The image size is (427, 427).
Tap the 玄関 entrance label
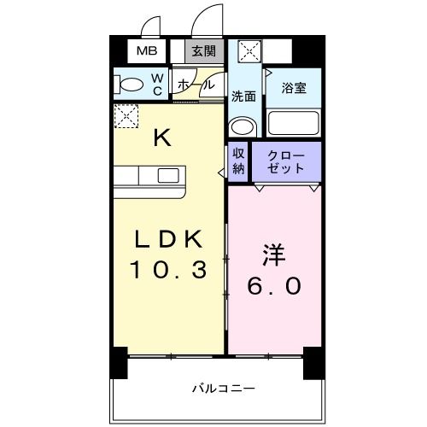coord(202,51)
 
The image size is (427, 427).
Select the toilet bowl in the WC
coord(132,85)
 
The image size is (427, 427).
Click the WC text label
coord(158,84)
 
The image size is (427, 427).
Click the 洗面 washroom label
coord(244,96)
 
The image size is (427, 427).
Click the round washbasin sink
coord(243,126)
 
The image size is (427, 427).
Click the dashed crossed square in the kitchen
coord(126,114)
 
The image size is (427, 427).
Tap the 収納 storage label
coord(238,161)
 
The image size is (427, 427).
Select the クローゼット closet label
coord(285,161)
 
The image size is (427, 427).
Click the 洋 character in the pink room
coord(273,255)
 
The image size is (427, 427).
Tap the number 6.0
coord(274,287)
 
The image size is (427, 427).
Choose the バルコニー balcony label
coord(221,389)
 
